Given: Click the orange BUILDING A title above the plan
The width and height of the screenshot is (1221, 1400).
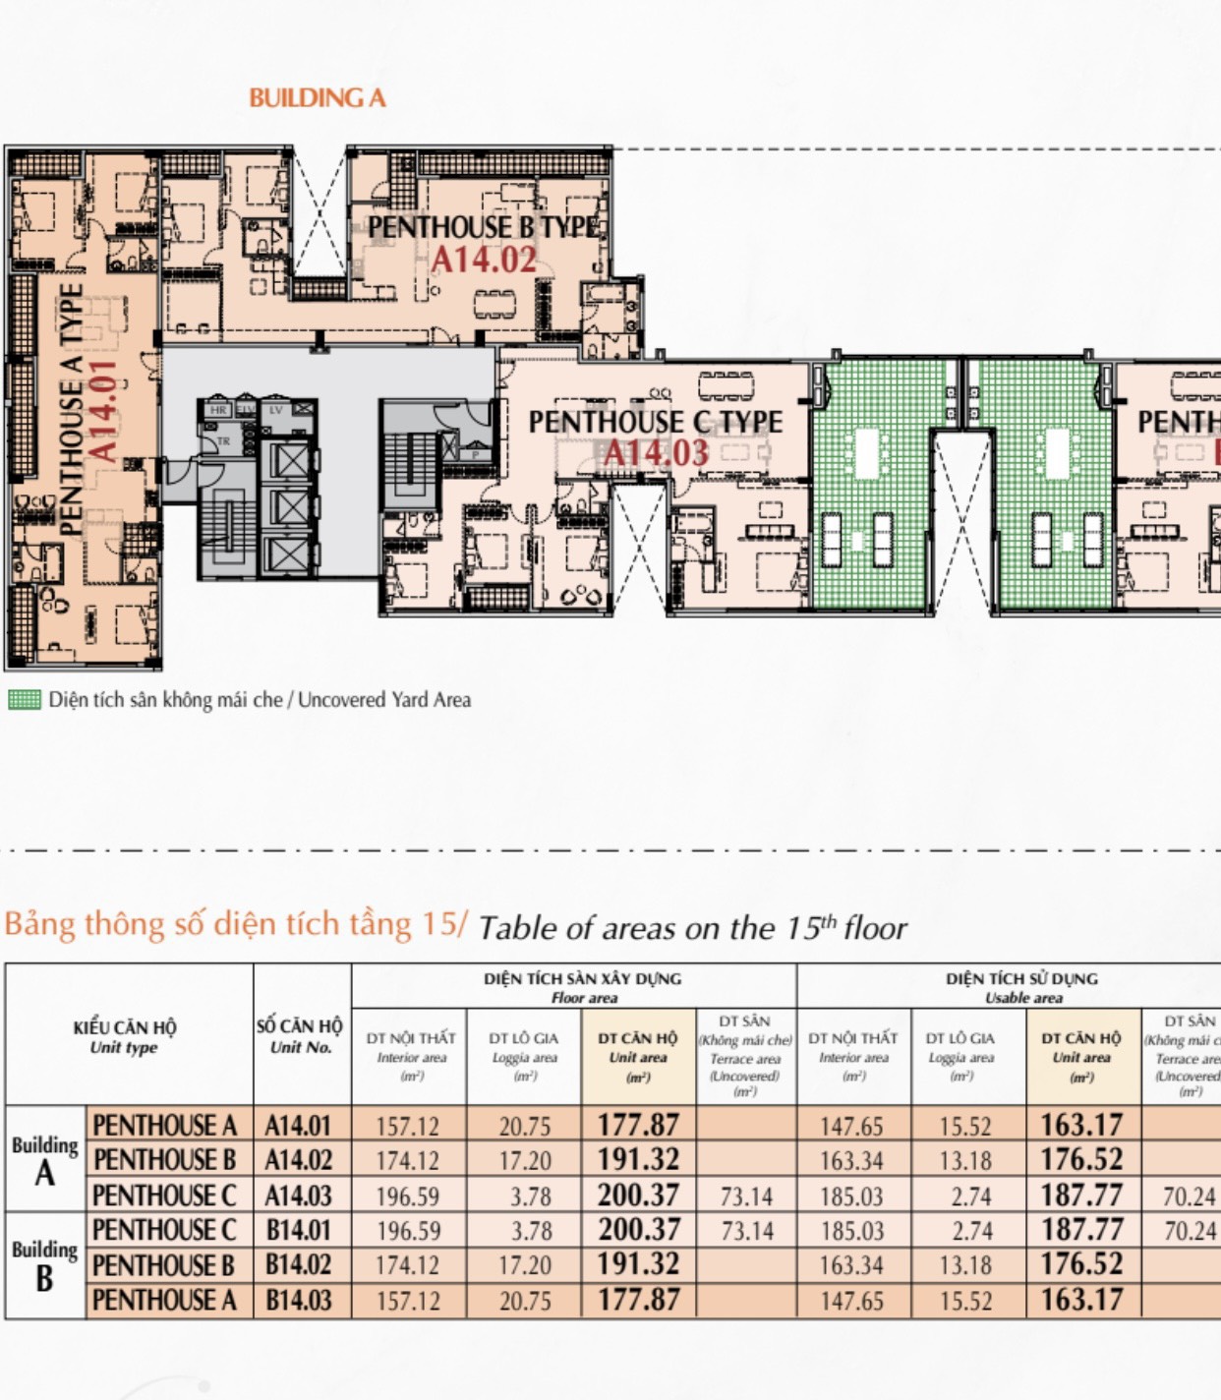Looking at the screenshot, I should (x=317, y=98).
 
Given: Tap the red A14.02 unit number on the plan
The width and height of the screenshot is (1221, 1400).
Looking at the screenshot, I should (x=484, y=261).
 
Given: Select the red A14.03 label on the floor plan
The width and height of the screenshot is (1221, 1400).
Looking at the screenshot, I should (x=655, y=453).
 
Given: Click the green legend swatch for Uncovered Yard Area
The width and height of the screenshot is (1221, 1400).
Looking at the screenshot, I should (x=25, y=700).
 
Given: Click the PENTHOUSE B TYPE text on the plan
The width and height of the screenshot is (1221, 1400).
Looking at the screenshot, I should (x=483, y=227).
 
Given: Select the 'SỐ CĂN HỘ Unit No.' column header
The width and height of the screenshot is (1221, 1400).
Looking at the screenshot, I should (x=300, y=1035).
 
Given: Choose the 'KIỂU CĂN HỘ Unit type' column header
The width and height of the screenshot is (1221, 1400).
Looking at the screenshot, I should (x=125, y=1036).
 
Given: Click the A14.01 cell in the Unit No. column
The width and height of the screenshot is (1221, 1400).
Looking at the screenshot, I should (x=298, y=1126).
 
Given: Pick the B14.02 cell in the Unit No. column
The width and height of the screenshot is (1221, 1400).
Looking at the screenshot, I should (x=299, y=1265).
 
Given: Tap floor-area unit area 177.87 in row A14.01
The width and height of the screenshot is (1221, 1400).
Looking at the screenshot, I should (x=638, y=1125).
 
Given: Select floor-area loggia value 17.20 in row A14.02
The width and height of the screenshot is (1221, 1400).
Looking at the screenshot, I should (x=524, y=1161).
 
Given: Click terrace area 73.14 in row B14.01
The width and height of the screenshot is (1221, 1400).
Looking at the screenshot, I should (x=746, y=1231).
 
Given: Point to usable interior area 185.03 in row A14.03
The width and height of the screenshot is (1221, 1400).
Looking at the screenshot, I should (x=852, y=1196).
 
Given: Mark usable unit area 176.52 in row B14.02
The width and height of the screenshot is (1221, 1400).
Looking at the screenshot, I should (x=1080, y=1265).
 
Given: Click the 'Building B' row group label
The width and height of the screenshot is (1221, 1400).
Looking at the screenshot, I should (x=44, y=1265).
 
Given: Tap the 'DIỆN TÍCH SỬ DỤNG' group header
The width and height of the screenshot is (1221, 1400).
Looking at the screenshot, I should (x=1021, y=979).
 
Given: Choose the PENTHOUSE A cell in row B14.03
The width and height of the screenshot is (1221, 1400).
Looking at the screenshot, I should (x=164, y=1301).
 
